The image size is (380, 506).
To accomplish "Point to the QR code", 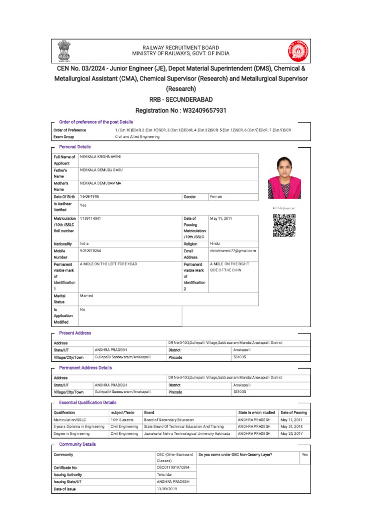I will pyautogui.click(x=284, y=226).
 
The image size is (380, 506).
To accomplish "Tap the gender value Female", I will pyautogui.click(x=216, y=197).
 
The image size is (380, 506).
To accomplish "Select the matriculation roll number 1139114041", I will pyautogui.click(x=93, y=218).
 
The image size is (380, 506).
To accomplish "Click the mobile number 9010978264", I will pyautogui.click(x=91, y=251).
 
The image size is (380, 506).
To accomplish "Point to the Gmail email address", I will pyautogui.click(x=233, y=251).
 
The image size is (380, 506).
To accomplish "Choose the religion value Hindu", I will pyautogui.click(x=215, y=244).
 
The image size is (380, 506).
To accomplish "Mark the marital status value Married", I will pyautogui.click(x=87, y=295).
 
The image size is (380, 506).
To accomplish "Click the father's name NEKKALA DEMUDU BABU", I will pyautogui.click(x=101, y=170).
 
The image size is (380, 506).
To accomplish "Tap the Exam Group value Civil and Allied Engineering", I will pyautogui.click(x=137, y=136).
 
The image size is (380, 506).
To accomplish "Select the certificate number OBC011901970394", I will pyautogui.click(x=173, y=467).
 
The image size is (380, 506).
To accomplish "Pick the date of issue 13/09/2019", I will pyautogui.click(x=167, y=489).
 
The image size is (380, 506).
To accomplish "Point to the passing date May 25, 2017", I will pyautogui.click(x=291, y=433).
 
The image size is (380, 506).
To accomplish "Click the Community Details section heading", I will pyautogui.click(x=78, y=444).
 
